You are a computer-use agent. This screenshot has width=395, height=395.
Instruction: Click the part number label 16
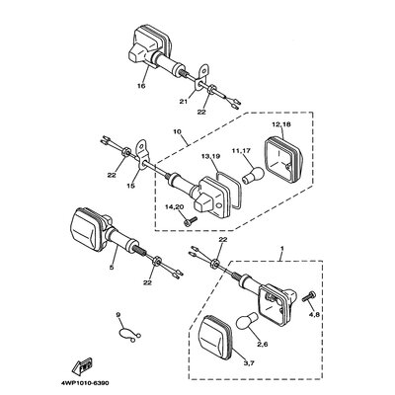click(141, 86)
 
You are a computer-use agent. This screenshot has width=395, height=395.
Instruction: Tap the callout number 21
click(183, 102)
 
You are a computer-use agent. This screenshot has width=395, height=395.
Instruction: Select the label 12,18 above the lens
click(279, 124)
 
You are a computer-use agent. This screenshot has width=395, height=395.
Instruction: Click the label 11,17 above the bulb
click(243, 151)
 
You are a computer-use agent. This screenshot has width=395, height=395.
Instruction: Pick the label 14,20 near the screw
click(174, 206)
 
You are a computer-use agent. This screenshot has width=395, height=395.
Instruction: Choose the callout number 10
click(177, 131)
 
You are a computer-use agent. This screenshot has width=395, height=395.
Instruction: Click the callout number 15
click(130, 186)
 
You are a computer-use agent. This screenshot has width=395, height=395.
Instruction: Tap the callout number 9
click(118, 315)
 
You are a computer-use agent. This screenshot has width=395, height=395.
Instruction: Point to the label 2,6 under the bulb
click(262, 344)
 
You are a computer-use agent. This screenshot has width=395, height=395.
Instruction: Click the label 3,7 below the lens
click(249, 363)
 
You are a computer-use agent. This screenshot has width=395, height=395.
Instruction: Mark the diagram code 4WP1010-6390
click(85, 383)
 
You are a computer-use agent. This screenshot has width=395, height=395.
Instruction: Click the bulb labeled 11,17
click(253, 175)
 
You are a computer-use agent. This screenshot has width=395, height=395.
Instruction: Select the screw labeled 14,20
click(190, 221)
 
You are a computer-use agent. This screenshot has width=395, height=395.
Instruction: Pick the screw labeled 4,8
click(308, 296)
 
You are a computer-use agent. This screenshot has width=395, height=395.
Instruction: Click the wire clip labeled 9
click(129, 334)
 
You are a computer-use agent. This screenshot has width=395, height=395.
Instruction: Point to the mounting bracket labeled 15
click(142, 154)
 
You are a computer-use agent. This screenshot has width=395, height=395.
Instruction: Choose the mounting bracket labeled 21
click(201, 77)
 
